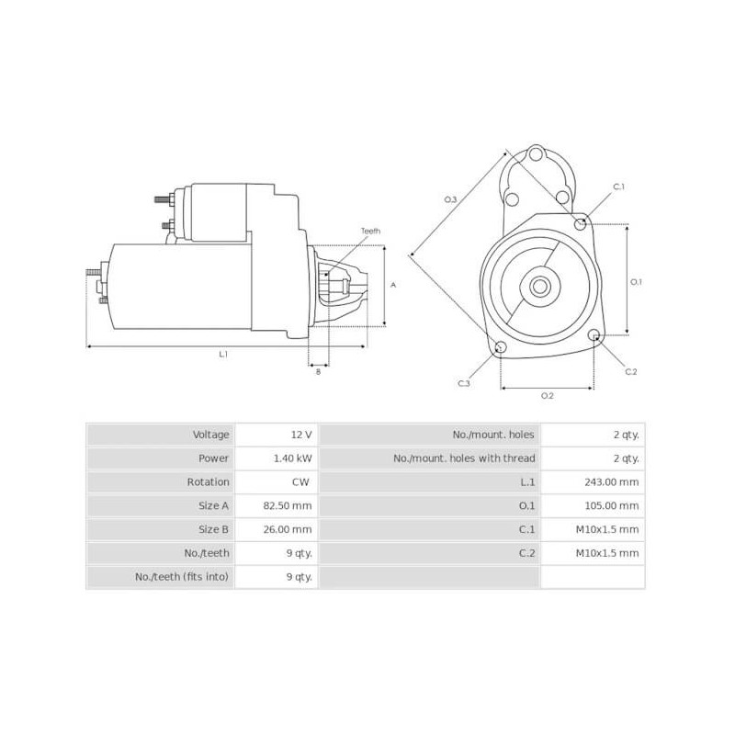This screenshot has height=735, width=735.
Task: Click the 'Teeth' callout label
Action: [370, 231]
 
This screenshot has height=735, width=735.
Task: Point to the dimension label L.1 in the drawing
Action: [223, 354]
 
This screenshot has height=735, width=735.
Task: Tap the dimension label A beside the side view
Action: [393, 285]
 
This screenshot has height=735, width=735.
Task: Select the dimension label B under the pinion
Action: [318, 370]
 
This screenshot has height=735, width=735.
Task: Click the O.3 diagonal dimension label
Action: [450, 199]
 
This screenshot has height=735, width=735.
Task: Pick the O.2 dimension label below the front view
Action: [547, 395]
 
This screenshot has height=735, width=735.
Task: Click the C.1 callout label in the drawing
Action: [618, 187]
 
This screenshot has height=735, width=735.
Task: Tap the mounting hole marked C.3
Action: [501, 347]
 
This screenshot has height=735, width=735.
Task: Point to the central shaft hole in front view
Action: [540, 286]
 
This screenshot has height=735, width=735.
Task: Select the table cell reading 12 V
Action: [300, 435]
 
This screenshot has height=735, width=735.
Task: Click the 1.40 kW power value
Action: [293, 458]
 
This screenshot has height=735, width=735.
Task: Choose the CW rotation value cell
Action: [300, 482]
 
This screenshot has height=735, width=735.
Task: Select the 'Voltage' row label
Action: [210, 435]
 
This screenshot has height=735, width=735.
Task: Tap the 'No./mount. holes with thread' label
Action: [464, 458]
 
